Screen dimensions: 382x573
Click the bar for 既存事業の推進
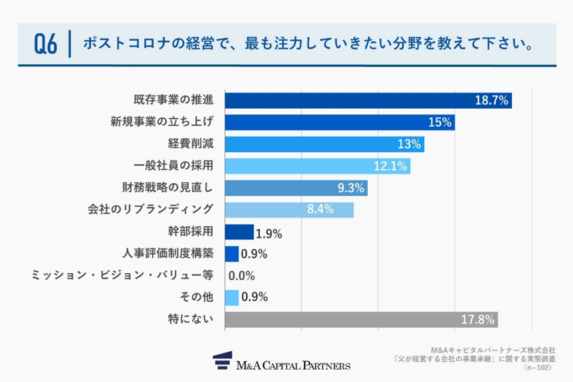pyautogui.click(x=368, y=100)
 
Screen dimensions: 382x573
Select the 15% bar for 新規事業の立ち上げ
pyautogui.click(x=339, y=123)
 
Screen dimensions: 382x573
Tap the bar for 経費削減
pyautogui.click(x=324, y=144)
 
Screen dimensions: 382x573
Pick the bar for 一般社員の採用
pyautogui.click(x=317, y=166)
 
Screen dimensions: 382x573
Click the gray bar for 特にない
pyautogui.click(x=361, y=319)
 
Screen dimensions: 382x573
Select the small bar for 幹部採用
pyautogui.click(x=239, y=232)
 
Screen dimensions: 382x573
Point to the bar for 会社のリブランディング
pyautogui.click(x=289, y=210)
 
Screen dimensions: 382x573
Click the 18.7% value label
pyautogui.click(x=491, y=100)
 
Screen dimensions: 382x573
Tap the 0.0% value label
pyautogui.click(x=241, y=276)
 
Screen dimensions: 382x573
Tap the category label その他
pyautogui.click(x=194, y=297)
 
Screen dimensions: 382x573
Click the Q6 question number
pyautogui.click(x=46, y=44)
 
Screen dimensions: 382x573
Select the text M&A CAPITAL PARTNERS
pyautogui.click(x=294, y=364)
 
